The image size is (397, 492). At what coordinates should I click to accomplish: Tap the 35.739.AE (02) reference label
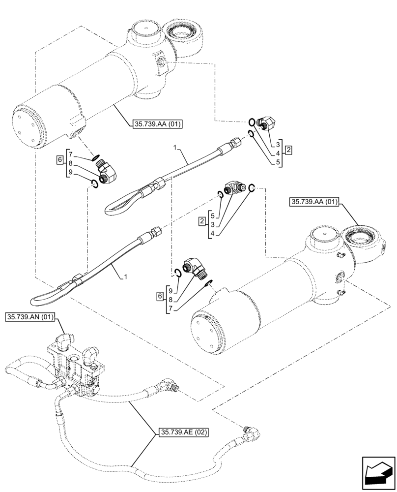pos(183,433)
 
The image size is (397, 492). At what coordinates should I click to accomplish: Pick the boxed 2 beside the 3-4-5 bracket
pos(289,149)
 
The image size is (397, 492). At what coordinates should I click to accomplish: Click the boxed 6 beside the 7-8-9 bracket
pos(59,160)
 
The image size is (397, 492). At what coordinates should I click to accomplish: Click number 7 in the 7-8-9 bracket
pos(71,154)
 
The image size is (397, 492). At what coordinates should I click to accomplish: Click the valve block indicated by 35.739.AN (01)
pos(76,364)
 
